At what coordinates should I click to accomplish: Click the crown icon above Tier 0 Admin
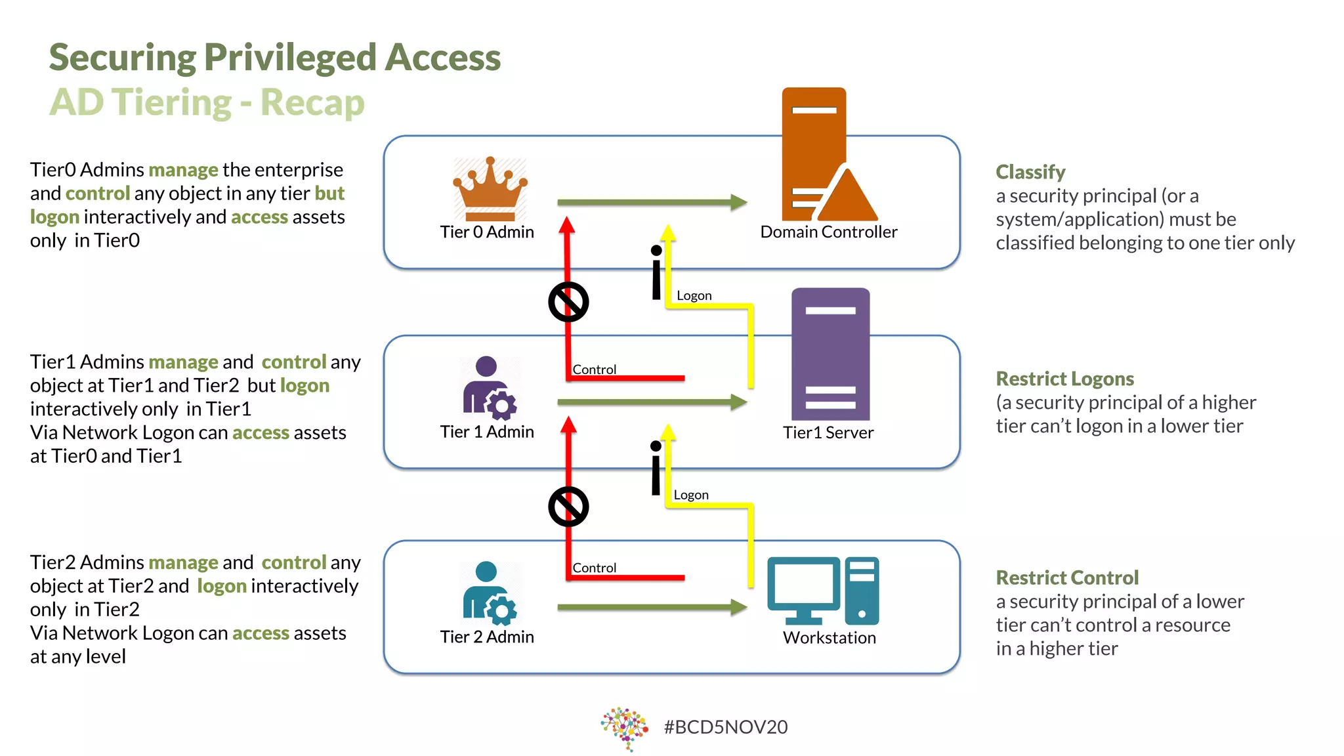click(490, 188)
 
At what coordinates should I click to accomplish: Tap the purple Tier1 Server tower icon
click(830, 354)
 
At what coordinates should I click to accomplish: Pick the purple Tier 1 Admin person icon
click(488, 387)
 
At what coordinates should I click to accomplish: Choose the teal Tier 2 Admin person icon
click(488, 591)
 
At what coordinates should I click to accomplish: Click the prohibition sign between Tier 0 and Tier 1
click(568, 302)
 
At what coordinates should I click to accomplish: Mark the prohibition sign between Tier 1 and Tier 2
click(568, 507)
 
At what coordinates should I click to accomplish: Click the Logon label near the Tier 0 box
click(694, 295)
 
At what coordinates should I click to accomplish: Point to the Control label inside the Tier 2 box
click(594, 568)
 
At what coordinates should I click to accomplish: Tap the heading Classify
click(1030, 172)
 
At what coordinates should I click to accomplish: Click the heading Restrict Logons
click(1064, 379)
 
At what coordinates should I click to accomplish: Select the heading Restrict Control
click(1067, 577)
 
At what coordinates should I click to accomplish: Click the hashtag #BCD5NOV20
click(725, 727)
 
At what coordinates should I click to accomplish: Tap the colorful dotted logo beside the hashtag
click(624, 728)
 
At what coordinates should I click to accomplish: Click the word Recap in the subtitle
click(312, 102)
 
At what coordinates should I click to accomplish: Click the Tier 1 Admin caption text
click(487, 432)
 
